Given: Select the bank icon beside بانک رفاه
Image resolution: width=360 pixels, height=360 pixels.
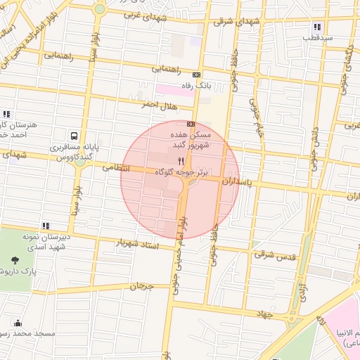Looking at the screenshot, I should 196,75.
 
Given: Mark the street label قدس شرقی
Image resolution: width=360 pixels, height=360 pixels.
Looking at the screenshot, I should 278,255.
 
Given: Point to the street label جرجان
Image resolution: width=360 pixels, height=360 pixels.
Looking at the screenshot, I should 141,286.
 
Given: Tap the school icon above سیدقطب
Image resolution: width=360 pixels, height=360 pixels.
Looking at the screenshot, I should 316,27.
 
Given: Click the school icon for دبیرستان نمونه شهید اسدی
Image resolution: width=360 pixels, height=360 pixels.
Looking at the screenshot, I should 46,226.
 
